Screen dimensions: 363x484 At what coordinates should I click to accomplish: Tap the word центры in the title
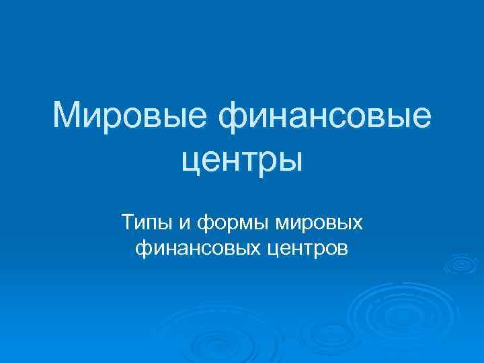tap(243, 159)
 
